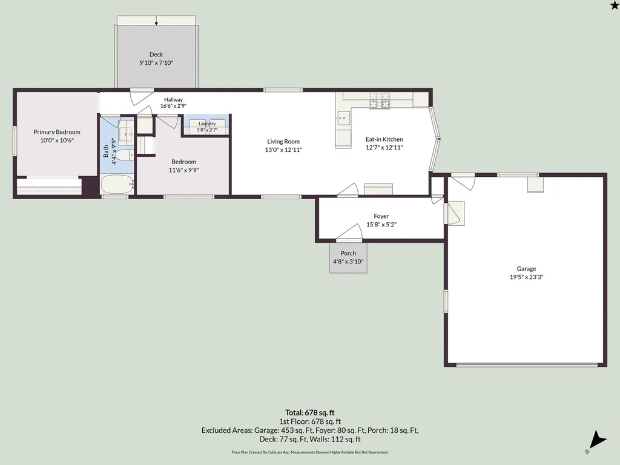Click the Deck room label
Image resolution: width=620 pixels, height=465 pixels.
[156, 54]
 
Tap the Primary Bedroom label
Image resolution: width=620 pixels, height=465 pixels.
[57, 132]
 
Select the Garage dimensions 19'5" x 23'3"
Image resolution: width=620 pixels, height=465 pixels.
[526, 277]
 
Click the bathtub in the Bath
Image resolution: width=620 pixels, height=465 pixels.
[117, 184]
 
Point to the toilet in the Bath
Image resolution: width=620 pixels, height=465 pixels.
[127, 155]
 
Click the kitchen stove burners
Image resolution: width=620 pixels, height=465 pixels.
[379, 101]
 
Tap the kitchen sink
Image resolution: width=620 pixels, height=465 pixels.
[344, 118]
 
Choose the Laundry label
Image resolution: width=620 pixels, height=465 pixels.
[207, 124]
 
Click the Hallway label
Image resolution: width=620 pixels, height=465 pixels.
[174, 100]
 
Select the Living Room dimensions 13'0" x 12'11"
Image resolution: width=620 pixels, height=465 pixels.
[283, 150]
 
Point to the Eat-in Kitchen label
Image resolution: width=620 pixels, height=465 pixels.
[384, 139]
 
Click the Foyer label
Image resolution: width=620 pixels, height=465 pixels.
[381, 216]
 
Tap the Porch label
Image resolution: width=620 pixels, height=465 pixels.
[348, 253]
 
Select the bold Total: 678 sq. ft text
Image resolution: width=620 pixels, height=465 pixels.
[310, 413]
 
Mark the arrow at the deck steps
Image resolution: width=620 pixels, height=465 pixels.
[156, 21]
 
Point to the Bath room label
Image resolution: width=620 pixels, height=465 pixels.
[106, 151]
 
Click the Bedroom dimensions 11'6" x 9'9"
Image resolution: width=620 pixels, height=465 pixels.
[184, 170]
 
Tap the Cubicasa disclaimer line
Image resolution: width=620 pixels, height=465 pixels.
[310, 452]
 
